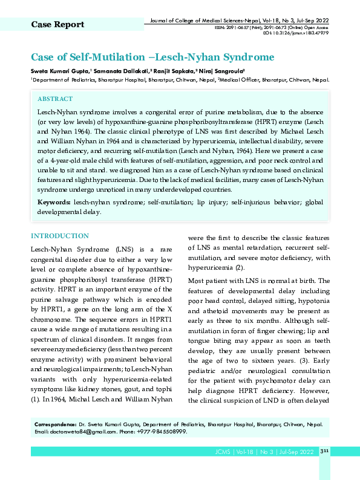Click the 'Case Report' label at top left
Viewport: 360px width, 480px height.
(57, 24)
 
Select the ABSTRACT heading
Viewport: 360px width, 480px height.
(55, 99)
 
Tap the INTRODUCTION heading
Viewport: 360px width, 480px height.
(60, 236)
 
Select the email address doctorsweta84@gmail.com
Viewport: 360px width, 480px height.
(83, 432)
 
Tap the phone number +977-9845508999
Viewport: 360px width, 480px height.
(162, 432)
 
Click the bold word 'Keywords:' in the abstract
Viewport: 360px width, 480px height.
(54, 201)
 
